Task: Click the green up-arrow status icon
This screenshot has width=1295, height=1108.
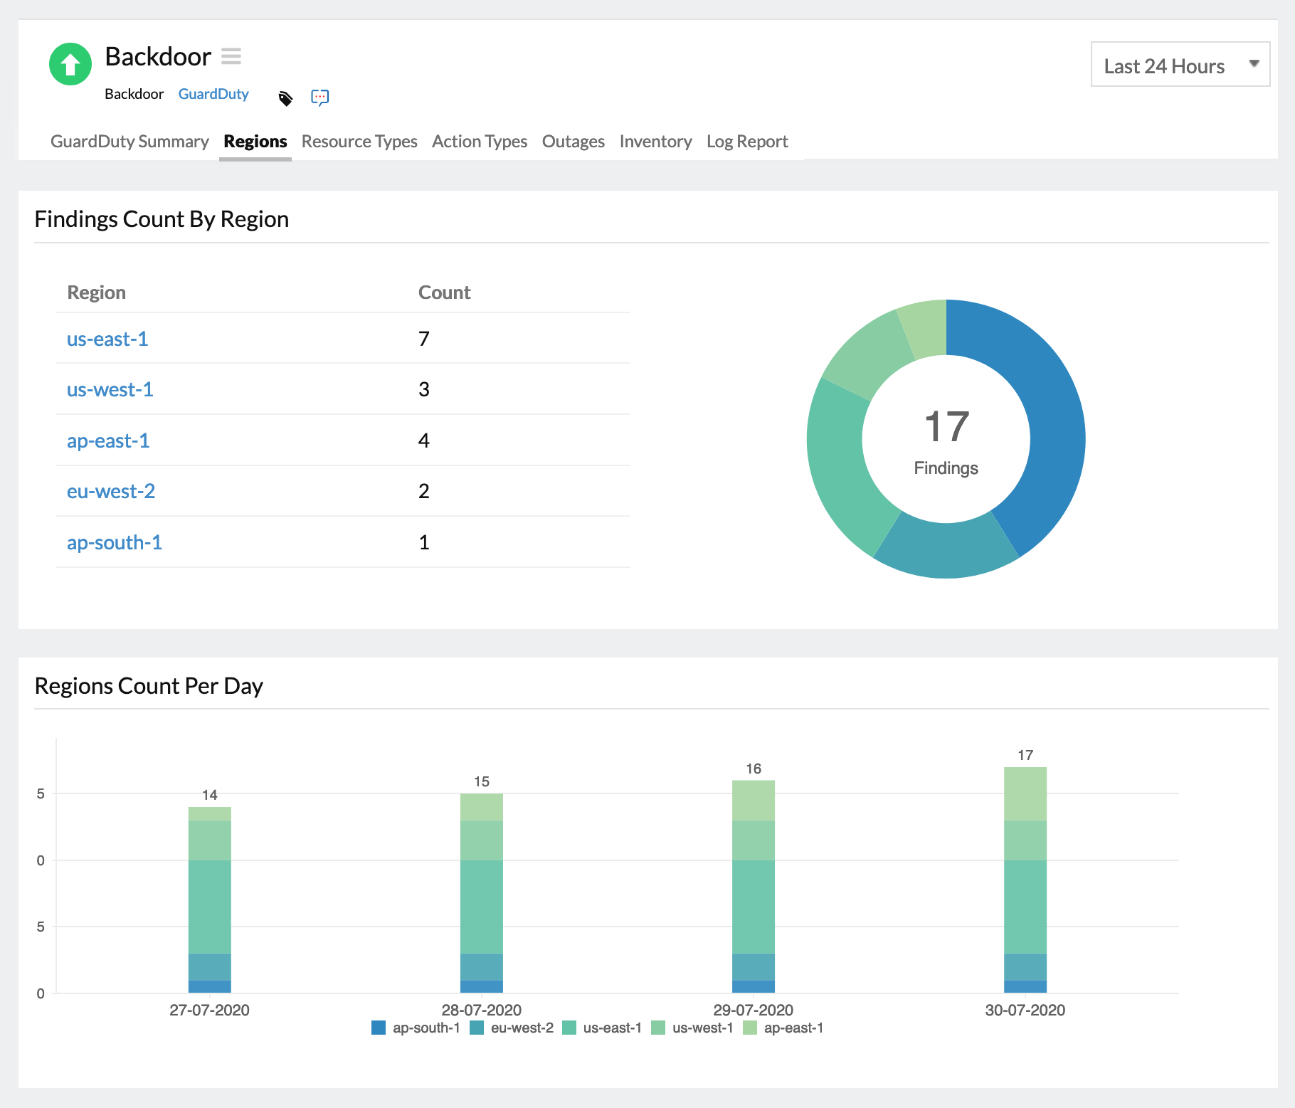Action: point(70,64)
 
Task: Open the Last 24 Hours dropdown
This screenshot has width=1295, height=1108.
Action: point(1180,65)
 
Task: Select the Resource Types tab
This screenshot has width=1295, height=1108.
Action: point(359,142)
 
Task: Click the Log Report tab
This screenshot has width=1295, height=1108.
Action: point(746,142)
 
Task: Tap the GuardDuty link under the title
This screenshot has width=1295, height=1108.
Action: point(213,94)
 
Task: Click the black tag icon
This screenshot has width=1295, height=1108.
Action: point(285,98)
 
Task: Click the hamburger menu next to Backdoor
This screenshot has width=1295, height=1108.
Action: point(231,56)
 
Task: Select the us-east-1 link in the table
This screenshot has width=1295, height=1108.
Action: point(107,339)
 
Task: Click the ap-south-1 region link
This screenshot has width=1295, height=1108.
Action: point(115,542)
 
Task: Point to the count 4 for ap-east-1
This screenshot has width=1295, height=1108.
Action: point(423,440)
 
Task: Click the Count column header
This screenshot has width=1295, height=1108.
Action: point(444,292)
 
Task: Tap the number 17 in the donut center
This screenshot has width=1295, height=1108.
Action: point(946,427)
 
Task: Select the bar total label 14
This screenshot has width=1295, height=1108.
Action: point(209,795)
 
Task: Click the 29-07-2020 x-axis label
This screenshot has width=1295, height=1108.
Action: point(753,1010)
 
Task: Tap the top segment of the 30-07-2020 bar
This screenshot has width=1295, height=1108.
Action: point(1025,793)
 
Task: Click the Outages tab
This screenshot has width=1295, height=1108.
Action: point(573,142)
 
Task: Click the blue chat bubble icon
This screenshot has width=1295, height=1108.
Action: point(319,97)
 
